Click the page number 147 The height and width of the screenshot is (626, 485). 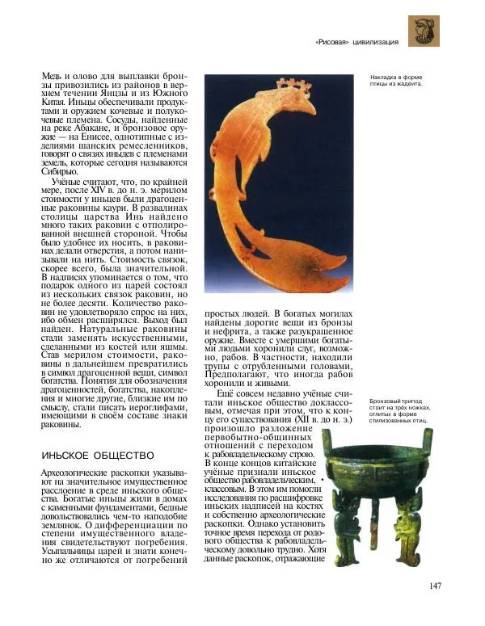(x=435, y=586)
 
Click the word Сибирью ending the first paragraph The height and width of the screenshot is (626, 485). (x=60, y=171)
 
